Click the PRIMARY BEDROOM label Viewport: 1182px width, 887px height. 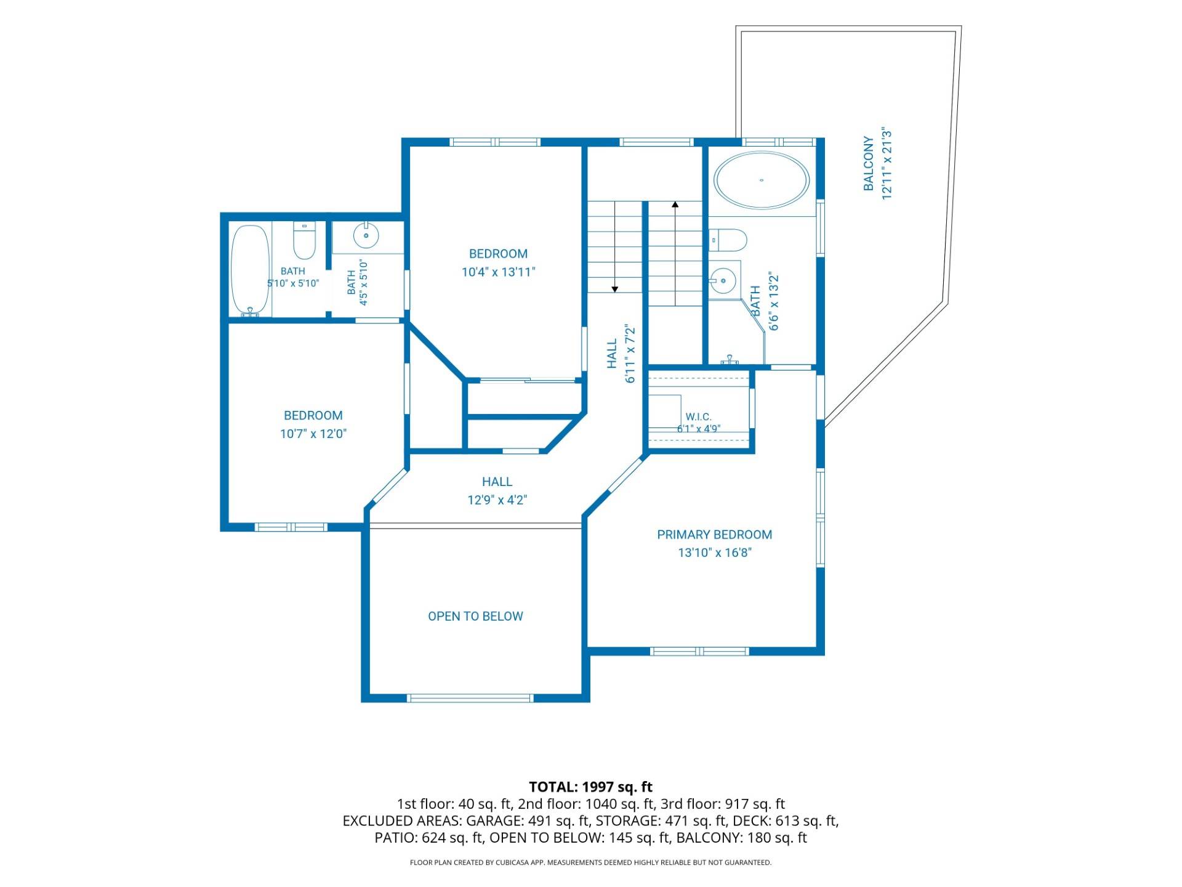(714, 535)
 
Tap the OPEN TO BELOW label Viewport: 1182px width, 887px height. (475, 617)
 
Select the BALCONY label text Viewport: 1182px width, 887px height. (869, 164)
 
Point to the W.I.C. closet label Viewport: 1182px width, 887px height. (699, 417)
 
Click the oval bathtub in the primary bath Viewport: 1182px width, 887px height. (762, 180)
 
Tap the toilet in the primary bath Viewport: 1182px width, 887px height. (728, 240)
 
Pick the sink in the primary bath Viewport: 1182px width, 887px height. (723, 281)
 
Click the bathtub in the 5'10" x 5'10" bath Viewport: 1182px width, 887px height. (250, 271)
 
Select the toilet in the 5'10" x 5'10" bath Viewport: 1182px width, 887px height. (304, 240)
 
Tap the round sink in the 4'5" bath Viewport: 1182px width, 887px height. (366, 235)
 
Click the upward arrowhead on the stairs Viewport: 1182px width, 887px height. (675, 205)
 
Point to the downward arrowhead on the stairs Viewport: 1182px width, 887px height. (614, 289)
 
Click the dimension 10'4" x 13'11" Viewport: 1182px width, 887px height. (499, 272)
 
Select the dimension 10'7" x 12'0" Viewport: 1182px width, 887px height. (313, 434)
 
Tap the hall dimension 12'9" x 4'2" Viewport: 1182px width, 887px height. (497, 500)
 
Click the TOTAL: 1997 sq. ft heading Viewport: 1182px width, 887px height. (591, 787)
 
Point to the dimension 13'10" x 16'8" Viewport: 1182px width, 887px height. (715, 553)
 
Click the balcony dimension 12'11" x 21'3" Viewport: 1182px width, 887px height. (887, 164)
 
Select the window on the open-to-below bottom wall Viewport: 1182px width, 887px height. (470, 698)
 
